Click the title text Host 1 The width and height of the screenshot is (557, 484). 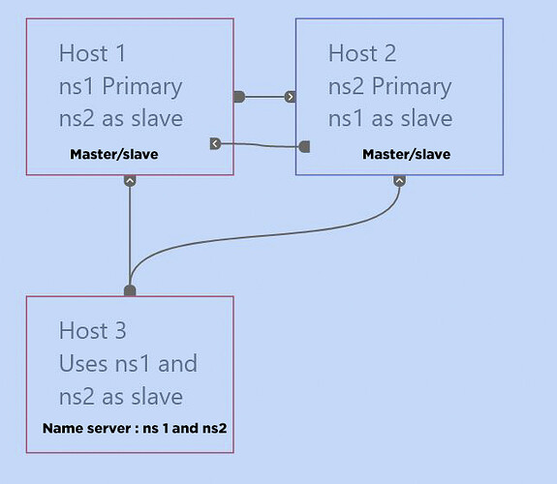[x=92, y=53]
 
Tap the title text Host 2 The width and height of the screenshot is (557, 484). [x=362, y=53]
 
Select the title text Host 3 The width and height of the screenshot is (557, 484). [x=92, y=331]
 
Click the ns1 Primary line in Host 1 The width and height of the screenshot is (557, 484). [x=120, y=87]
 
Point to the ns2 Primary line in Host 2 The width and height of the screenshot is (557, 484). [x=389, y=87]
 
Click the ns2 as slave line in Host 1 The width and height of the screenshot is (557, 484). [x=121, y=118]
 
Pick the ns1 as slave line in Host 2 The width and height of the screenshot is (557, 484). [x=390, y=118]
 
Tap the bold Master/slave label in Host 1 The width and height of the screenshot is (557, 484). [x=114, y=155]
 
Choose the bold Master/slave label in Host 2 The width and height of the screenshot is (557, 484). [x=407, y=155]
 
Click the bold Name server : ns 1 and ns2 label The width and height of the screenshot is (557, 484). [x=135, y=428]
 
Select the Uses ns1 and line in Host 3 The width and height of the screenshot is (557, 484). [x=128, y=363]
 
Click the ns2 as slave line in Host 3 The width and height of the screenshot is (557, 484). [x=121, y=396]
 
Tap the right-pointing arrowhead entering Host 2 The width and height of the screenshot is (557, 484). [x=290, y=97]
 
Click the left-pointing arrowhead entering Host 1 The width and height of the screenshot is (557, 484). [x=215, y=143]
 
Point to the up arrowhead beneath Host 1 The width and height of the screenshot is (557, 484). [x=130, y=181]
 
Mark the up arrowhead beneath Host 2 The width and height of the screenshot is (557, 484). [x=400, y=181]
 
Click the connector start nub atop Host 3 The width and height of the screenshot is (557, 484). [x=130, y=290]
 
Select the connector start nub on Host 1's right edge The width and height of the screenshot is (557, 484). [x=239, y=97]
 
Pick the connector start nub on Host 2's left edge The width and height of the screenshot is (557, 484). [x=304, y=147]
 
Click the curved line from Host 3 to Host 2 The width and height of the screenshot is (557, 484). [x=249, y=238]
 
